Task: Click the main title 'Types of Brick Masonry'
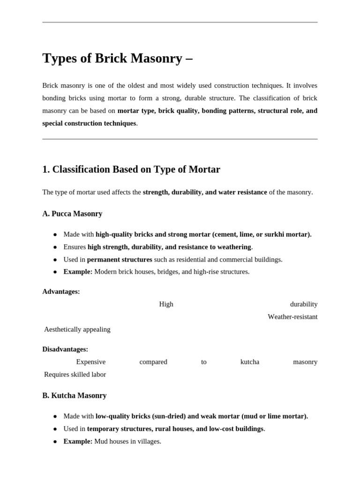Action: point(117,58)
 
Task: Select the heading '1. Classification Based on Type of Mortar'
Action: point(131,169)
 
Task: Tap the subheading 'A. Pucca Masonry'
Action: point(72,214)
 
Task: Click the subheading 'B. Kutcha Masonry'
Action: point(74,396)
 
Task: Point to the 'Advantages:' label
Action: point(61,292)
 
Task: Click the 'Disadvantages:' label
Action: point(65,349)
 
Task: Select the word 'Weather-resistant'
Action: point(292,317)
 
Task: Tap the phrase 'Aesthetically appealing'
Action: point(77,330)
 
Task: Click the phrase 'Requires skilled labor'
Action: point(75,375)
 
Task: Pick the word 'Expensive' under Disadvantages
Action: point(90,362)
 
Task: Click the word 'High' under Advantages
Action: point(166,304)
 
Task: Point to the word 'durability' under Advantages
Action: point(303,304)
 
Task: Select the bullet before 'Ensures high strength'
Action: point(55,247)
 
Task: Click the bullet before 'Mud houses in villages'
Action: point(55,442)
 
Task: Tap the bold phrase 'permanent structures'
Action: point(120,260)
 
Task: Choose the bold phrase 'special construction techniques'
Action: point(89,123)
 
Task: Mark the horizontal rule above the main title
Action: point(180,22)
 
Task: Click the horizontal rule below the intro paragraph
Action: point(180,139)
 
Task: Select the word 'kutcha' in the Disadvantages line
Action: point(249,362)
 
